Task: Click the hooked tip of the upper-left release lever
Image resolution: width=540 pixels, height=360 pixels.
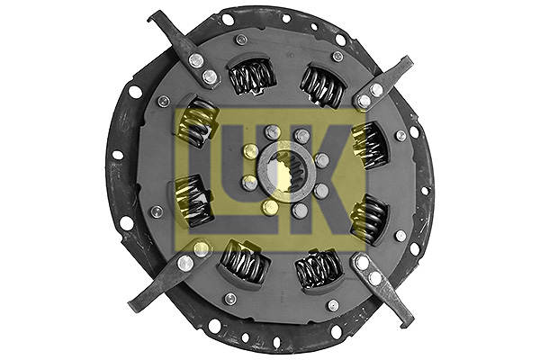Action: pyautogui.click(x=155, y=17)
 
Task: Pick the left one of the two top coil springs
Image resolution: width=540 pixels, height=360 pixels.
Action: pyautogui.click(x=250, y=76)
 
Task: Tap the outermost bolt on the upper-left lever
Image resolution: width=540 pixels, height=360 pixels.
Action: pyautogui.click(x=194, y=61)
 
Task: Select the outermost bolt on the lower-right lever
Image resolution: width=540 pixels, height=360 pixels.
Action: pyautogui.click(x=364, y=264)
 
